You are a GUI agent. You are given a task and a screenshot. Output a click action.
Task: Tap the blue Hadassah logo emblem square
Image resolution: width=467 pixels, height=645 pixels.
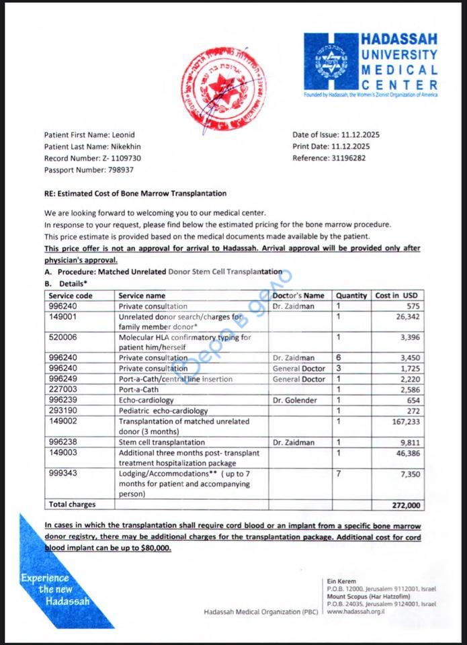[331, 62]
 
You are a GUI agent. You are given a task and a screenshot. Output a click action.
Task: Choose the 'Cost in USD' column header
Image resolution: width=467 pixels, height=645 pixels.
[396, 296]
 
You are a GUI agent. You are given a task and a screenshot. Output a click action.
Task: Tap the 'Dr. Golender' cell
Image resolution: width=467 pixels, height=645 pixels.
[293, 400]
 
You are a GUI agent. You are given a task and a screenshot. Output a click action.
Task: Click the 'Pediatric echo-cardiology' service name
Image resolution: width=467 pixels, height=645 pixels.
[163, 411]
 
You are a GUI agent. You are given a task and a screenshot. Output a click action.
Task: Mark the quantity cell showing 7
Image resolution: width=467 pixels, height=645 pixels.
[339, 474]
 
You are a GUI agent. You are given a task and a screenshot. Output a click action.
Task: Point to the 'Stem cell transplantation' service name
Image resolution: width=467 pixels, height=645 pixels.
[161, 442]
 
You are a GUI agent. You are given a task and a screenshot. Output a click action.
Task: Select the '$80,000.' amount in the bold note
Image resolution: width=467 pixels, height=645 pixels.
[154, 548]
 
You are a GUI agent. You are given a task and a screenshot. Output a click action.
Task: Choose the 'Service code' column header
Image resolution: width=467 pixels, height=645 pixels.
[71, 296]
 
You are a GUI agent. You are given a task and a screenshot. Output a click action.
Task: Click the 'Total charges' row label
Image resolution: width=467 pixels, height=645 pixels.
[73, 504]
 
